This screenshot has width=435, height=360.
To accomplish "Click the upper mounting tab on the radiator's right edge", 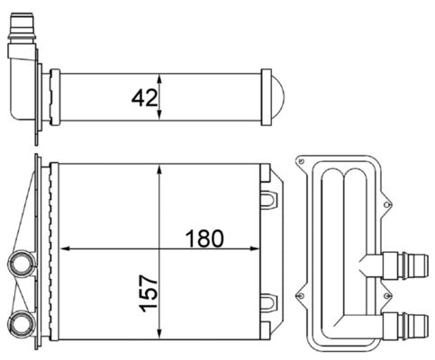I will coord(269,193).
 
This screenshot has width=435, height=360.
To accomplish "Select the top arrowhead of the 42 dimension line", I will coord(159,75).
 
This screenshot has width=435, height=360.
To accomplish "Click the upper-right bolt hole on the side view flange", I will coord(389,207).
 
